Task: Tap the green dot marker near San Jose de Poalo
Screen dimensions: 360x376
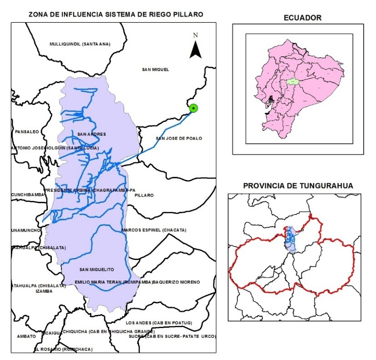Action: pyautogui.click(x=194, y=108)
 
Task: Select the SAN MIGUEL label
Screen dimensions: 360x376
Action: pyautogui.click(x=155, y=70)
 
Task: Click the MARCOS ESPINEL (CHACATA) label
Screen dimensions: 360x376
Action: pyautogui.click(x=154, y=230)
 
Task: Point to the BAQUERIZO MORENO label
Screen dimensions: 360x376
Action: pyautogui.click(x=176, y=282)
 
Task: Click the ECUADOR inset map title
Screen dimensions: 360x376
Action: pyautogui.click(x=302, y=18)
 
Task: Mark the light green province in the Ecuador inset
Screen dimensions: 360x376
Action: pyautogui.click(x=292, y=82)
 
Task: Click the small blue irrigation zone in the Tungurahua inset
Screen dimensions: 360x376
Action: pyautogui.click(x=291, y=239)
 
